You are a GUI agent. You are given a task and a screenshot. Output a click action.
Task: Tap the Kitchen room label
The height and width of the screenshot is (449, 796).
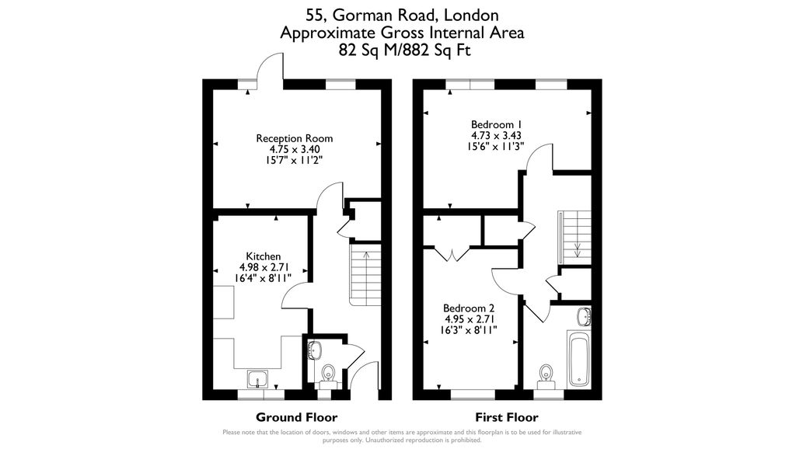(264, 256)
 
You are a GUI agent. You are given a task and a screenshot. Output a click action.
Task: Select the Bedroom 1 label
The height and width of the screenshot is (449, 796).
(497, 124)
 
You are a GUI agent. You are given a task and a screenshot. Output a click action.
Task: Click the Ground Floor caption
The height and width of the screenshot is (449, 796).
(292, 416)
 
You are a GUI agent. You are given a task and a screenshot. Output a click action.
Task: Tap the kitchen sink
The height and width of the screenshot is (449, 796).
(258, 379)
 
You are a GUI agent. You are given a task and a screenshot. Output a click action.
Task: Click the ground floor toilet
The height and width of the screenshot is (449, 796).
(328, 374)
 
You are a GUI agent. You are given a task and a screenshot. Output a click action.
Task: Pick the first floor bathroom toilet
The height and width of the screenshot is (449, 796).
(546, 374)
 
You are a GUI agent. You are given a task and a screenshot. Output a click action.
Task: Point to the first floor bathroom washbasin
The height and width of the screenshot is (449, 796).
(584, 316)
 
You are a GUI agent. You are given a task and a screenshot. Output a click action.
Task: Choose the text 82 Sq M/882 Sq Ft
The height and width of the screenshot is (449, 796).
(401, 50)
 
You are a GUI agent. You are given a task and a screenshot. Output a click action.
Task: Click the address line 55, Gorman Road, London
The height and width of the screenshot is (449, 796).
(401, 15)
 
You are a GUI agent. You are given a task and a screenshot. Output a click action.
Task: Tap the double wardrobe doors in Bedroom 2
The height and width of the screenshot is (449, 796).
(452, 253)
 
